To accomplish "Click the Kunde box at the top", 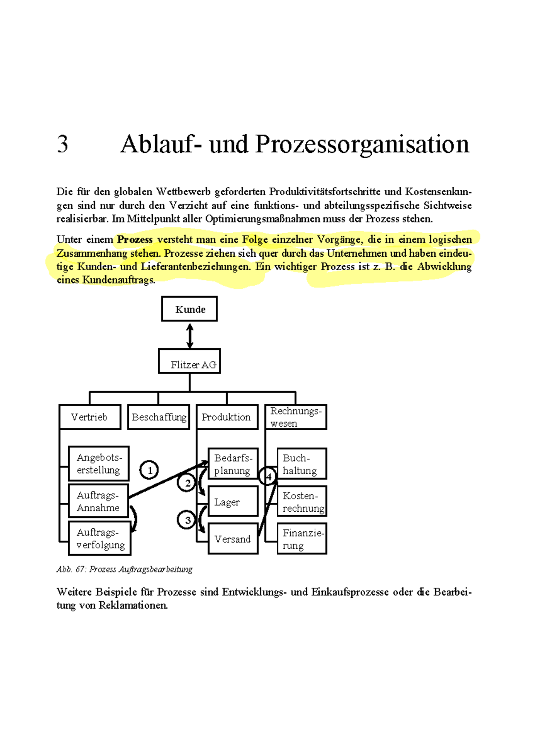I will pos(189,309).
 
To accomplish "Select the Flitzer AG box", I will pos(189,361).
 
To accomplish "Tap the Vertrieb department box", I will pos(90,417).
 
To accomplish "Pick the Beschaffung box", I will pos(159,417).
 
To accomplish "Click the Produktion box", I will pos(227,417).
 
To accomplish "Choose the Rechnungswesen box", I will pos(296,417).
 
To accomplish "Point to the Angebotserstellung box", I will pos(99,464).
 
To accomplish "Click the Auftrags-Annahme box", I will pos(99,501).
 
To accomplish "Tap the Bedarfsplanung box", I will pos(233,464).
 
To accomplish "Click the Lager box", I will pos(233,501).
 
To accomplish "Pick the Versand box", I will pos(233,539).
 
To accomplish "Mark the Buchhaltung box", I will pos(302,464).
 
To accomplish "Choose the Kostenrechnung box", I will pos(302,501).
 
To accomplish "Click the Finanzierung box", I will pos(302,539).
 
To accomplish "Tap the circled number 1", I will pos(149,470).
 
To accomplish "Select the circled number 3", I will pos(187,520).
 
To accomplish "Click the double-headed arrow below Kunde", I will pos(190,336).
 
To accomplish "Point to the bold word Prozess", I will pos(135,239).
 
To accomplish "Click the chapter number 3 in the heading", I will pos(62,144).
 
